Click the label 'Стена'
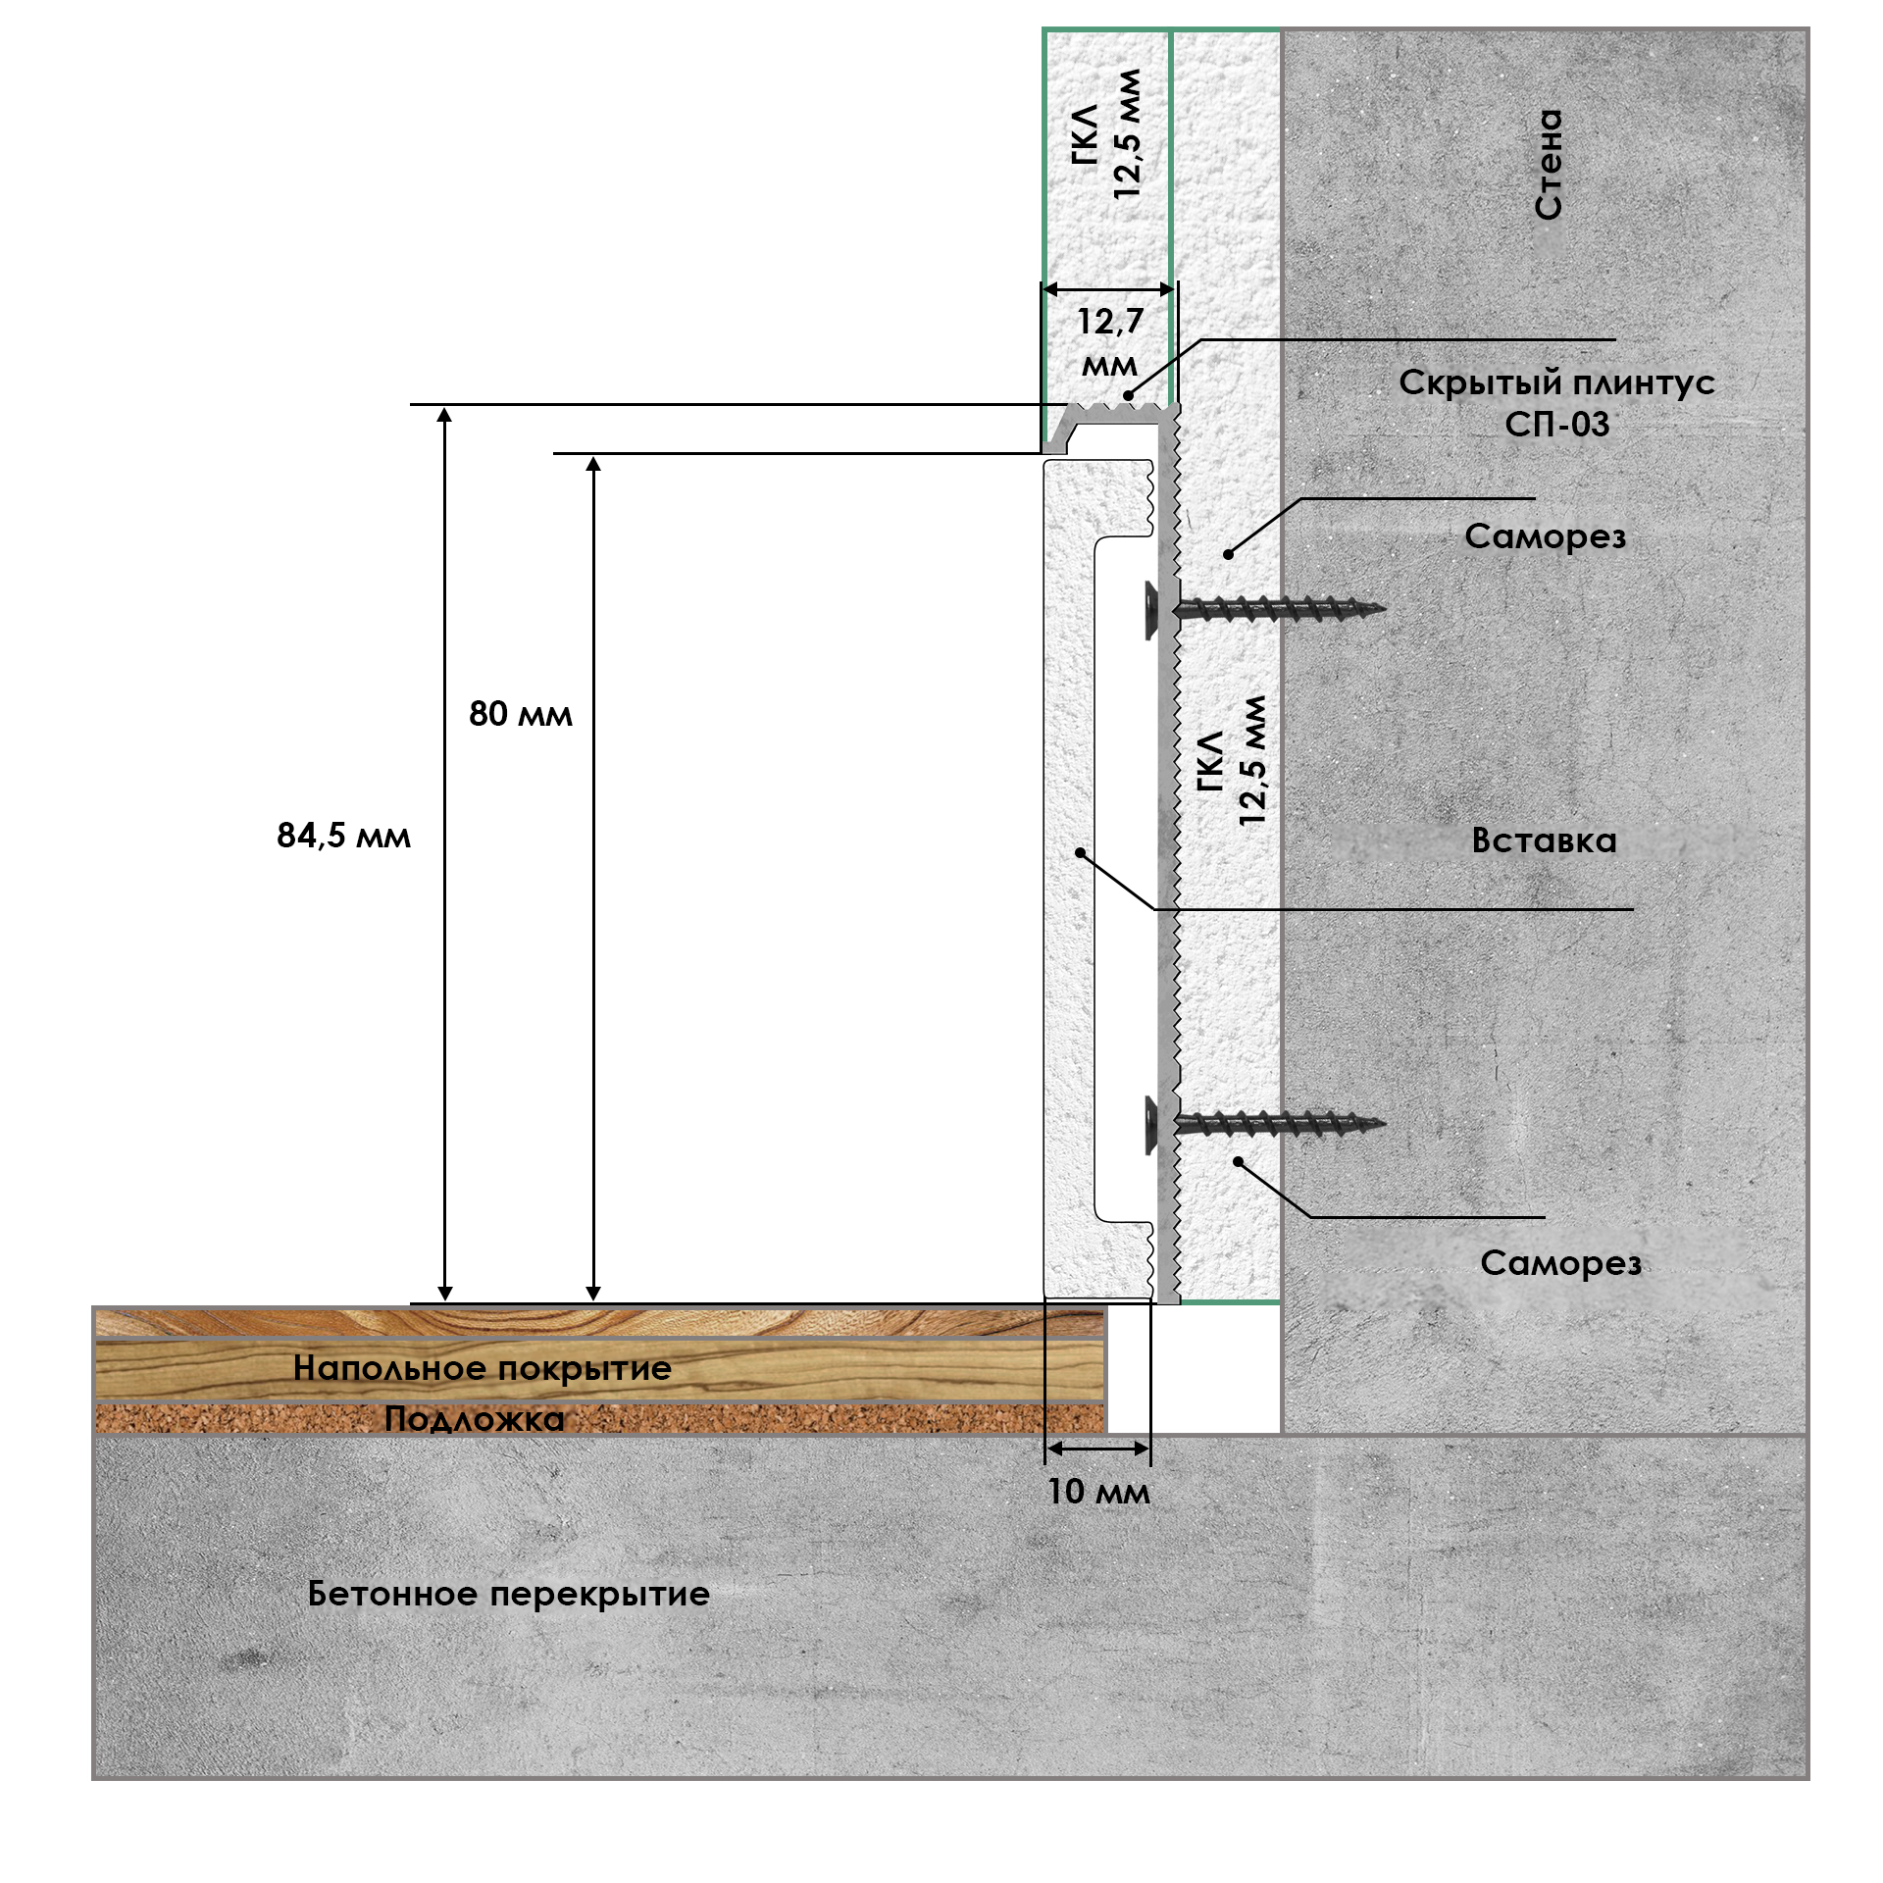click(x=1549, y=165)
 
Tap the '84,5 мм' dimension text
click(x=343, y=836)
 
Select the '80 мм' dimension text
click(x=520, y=714)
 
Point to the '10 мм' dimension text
click(x=1098, y=1492)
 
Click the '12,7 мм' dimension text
click(x=1110, y=342)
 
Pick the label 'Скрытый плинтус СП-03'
click(x=1556, y=403)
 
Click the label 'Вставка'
click(x=1544, y=840)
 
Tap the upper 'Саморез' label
click(x=1545, y=536)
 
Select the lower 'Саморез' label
click(x=1560, y=1263)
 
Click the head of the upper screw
click(x=1151, y=609)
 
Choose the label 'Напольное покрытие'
click(x=483, y=1368)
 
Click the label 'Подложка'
click(x=475, y=1419)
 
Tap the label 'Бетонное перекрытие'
click(x=508, y=1594)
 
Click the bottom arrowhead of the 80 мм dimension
click(x=593, y=1294)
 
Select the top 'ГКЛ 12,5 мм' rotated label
click(x=1107, y=134)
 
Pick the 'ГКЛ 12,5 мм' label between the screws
click(x=1231, y=761)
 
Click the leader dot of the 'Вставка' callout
click(x=1080, y=853)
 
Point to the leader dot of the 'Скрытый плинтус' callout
click(x=1129, y=397)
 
